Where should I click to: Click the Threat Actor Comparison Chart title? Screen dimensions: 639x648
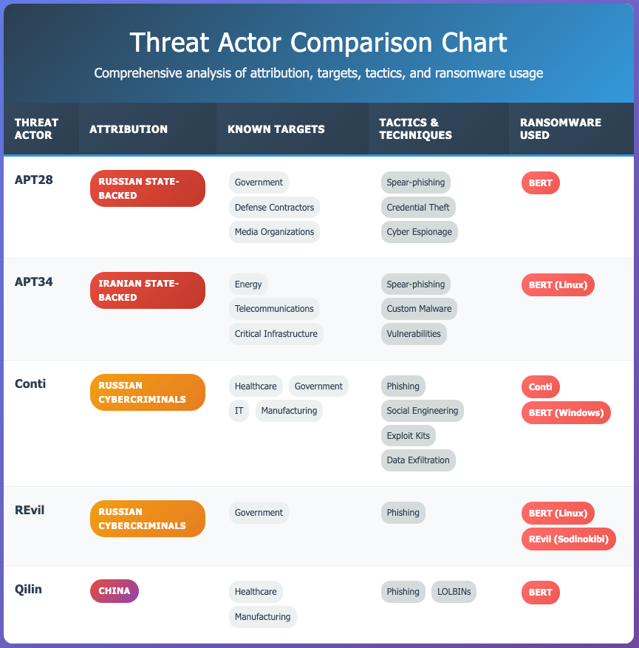click(318, 42)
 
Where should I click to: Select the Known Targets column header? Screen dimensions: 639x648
click(276, 129)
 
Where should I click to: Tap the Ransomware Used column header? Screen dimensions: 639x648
click(561, 129)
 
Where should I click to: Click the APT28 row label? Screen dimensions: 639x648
click(34, 180)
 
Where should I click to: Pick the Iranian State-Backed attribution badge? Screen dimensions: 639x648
click(148, 290)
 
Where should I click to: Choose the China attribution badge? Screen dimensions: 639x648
click(115, 591)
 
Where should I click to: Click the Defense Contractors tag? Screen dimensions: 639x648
click(274, 207)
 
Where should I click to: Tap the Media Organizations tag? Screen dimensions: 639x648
click(274, 232)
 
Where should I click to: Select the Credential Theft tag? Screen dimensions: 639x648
click(418, 207)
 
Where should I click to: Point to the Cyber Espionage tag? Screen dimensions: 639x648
click(420, 232)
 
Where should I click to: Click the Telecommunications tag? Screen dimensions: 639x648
click(274, 309)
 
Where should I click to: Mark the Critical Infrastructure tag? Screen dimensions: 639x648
click(276, 333)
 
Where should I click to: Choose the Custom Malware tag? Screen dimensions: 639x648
click(419, 309)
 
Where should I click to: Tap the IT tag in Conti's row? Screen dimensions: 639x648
click(239, 411)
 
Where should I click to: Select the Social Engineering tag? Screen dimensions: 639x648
click(422, 411)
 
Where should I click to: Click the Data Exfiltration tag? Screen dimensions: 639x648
click(418, 460)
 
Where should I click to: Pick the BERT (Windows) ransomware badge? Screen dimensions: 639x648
click(566, 412)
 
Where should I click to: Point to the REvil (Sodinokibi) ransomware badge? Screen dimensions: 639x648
click(568, 539)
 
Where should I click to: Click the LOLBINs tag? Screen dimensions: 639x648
click(454, 592)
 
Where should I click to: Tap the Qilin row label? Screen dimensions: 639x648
click(28, 589)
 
